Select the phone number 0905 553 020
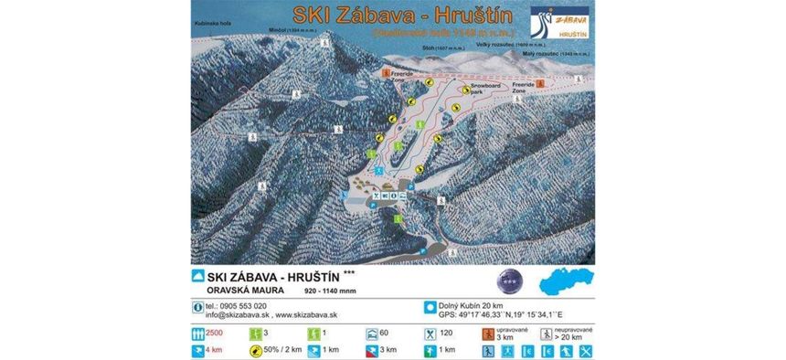click(x=237, y=305)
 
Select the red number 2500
click(x=216, y=333)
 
